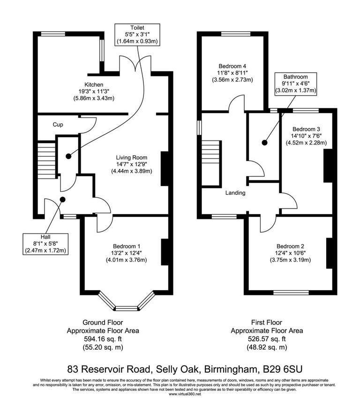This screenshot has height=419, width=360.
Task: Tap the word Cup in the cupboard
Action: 58,125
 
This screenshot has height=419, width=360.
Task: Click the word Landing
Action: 235,193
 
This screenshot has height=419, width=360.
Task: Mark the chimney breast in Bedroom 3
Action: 329,165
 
